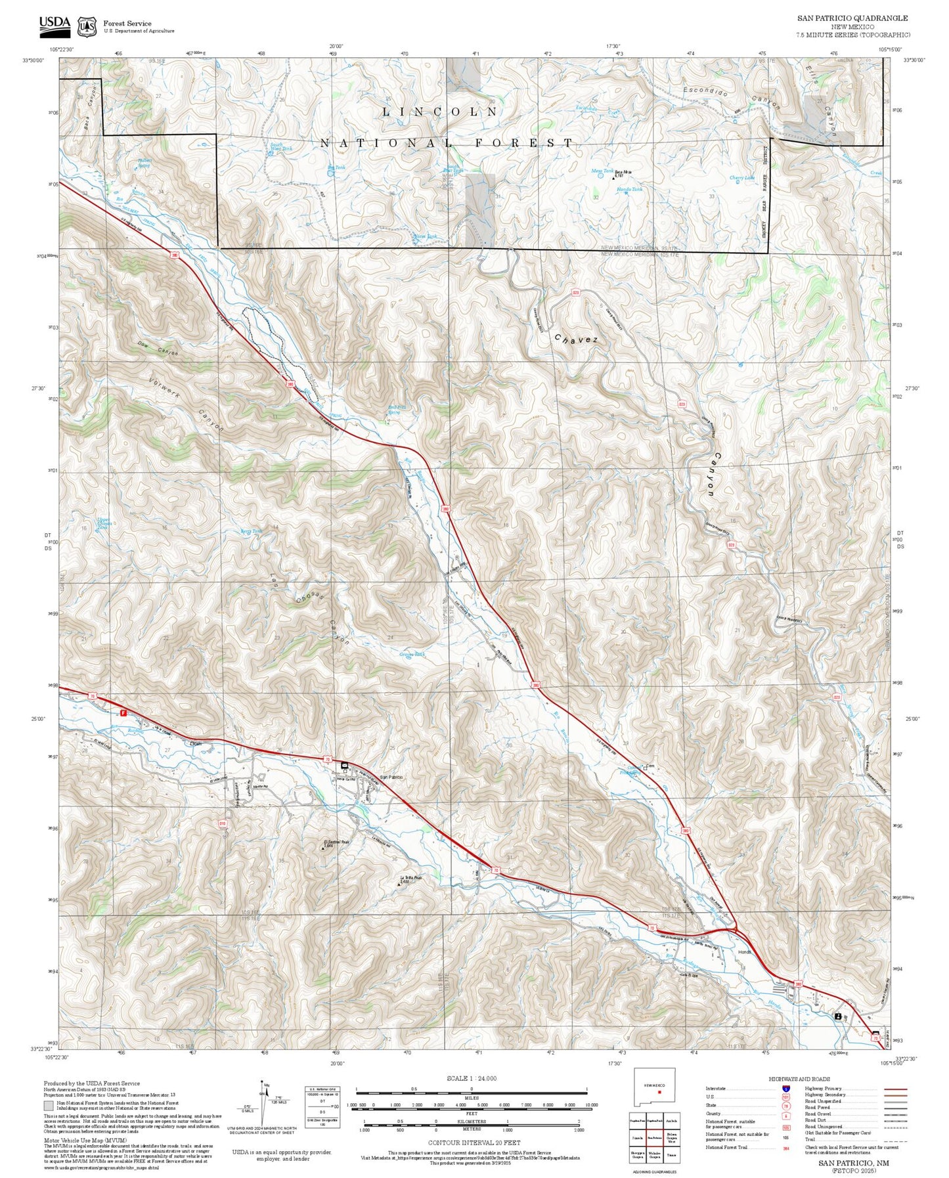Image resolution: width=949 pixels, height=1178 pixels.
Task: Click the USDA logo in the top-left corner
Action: (x=55, y=24)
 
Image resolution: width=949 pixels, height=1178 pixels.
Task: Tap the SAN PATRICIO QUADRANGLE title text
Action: (x=852, y=18)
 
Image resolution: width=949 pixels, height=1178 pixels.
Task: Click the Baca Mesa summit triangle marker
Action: (x=613, y=177)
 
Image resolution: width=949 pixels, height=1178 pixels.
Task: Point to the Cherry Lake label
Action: (x=742, y=178)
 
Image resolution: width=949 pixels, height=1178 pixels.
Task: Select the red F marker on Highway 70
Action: (x=123, y=712)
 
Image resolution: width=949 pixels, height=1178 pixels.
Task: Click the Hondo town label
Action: (x=744, y=951)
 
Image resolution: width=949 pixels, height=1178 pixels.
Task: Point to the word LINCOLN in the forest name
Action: (x=440, y=112)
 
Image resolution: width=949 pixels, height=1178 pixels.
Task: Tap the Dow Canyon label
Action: (x=158, y=349)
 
